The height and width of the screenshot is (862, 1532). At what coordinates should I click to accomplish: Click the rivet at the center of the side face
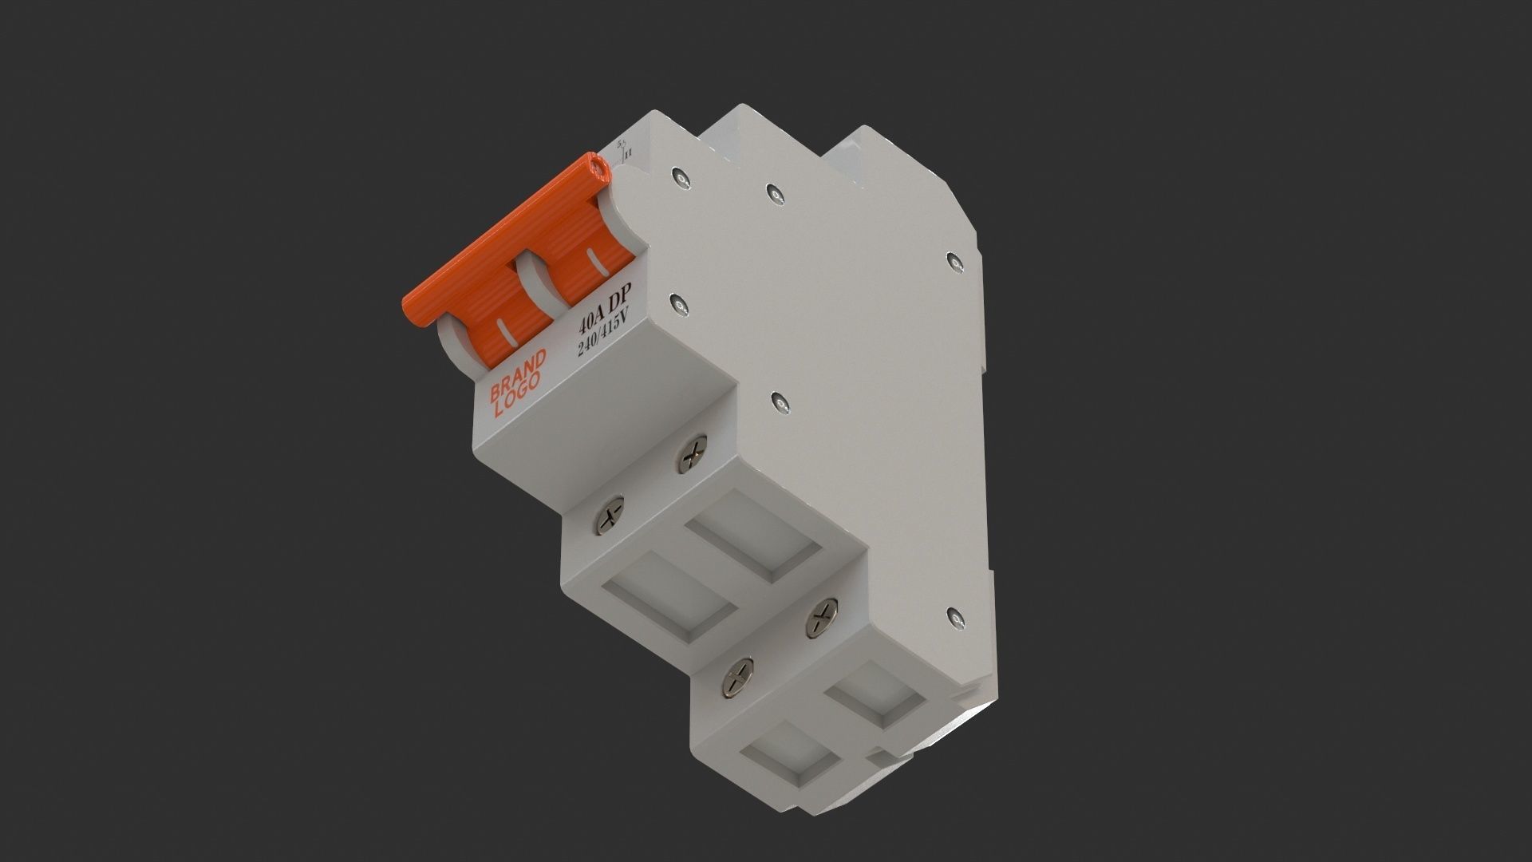(x=778, y=399)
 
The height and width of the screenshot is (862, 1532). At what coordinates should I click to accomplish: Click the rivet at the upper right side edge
(x=954, y=259)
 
